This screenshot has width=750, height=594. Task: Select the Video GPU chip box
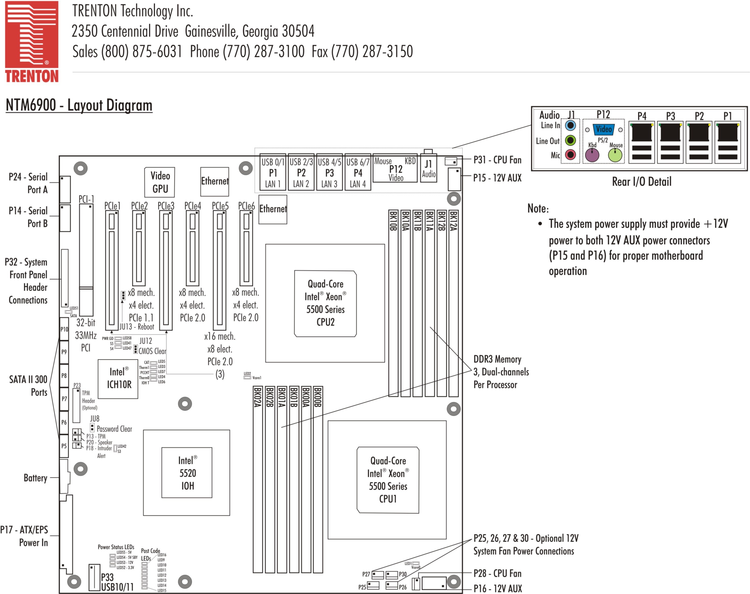(160, 182)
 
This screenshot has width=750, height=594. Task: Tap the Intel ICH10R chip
(118, 379)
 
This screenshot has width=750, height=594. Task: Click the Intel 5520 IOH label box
(187, 472)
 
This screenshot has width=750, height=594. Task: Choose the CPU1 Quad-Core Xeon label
(388, 480)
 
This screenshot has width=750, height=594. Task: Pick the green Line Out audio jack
(571, 140)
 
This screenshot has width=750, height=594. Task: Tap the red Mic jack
(571, 154)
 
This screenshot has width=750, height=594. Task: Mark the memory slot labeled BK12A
(453, 303)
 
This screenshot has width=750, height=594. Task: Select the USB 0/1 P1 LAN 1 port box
(273, 172)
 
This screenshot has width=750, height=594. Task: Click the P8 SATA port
(64, 376)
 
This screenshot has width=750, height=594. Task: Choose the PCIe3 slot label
(166, 206)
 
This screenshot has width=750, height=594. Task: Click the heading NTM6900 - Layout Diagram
(79, 105)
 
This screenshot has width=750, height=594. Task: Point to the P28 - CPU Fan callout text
(497, 573)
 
